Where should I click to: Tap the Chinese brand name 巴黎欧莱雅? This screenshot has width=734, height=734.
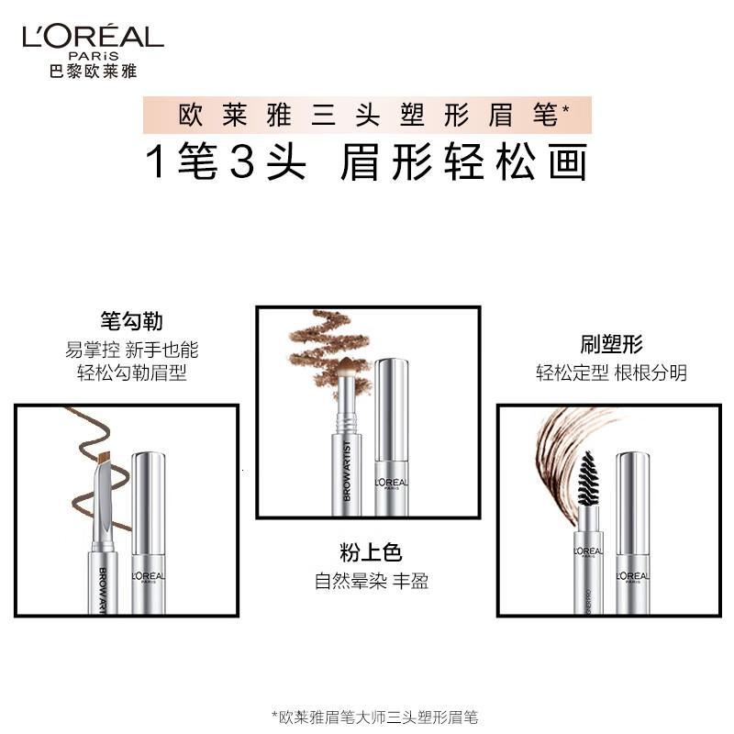[x=91, y=70]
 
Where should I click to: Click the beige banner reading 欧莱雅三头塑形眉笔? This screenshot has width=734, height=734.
[x=367, y=116]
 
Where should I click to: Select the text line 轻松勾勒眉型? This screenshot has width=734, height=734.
[x=132, y=373]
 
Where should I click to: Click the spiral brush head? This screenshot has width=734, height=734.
[x=586, y=478]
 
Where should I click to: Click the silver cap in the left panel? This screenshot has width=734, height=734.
[x=148, y=532]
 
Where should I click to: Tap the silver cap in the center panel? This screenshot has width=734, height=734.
[x=393, y=436]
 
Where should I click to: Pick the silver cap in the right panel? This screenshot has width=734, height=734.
[x=632, y=532]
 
